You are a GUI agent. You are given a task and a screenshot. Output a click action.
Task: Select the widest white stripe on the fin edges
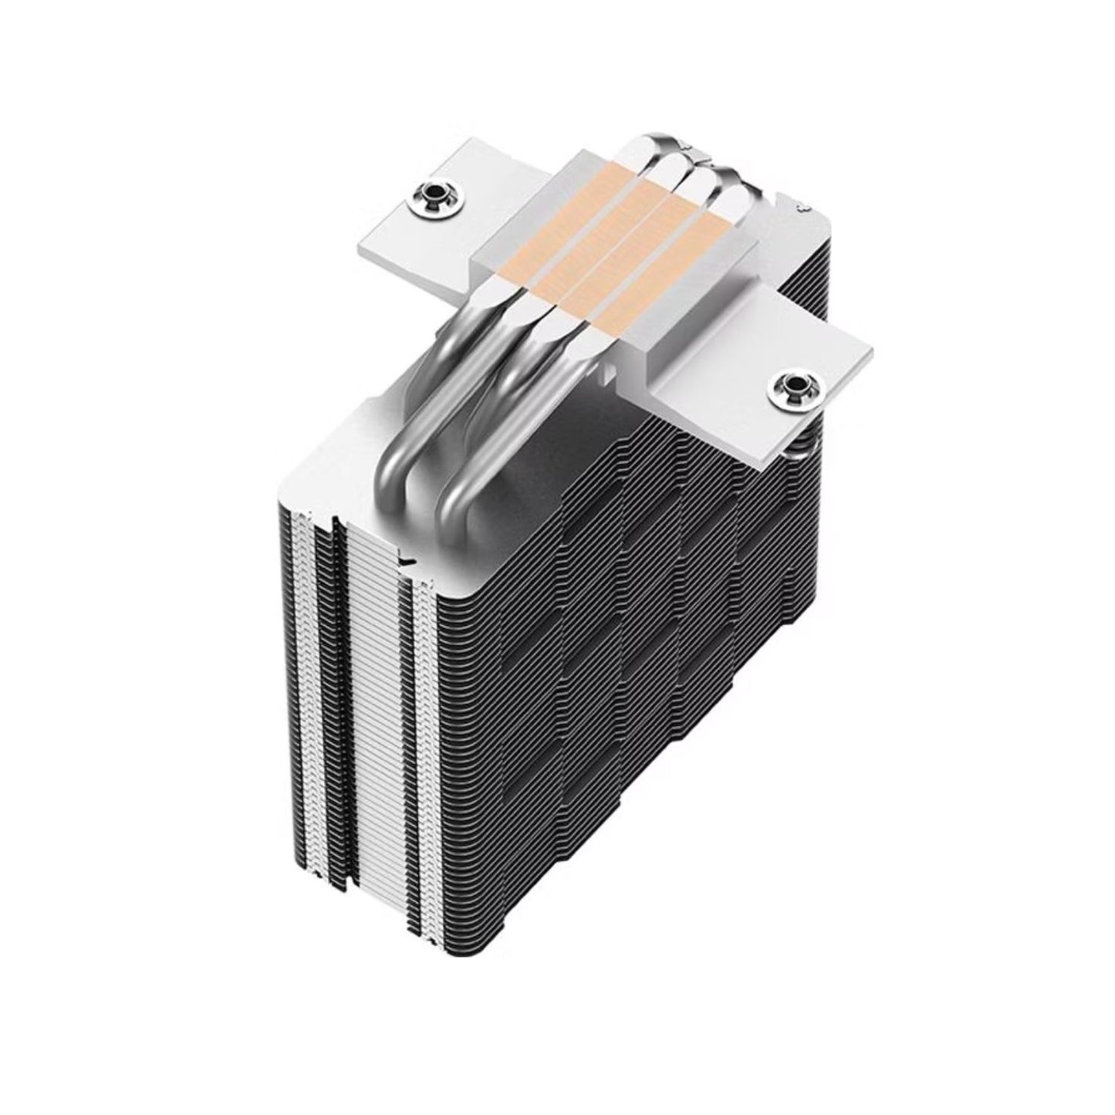(378, 694)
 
